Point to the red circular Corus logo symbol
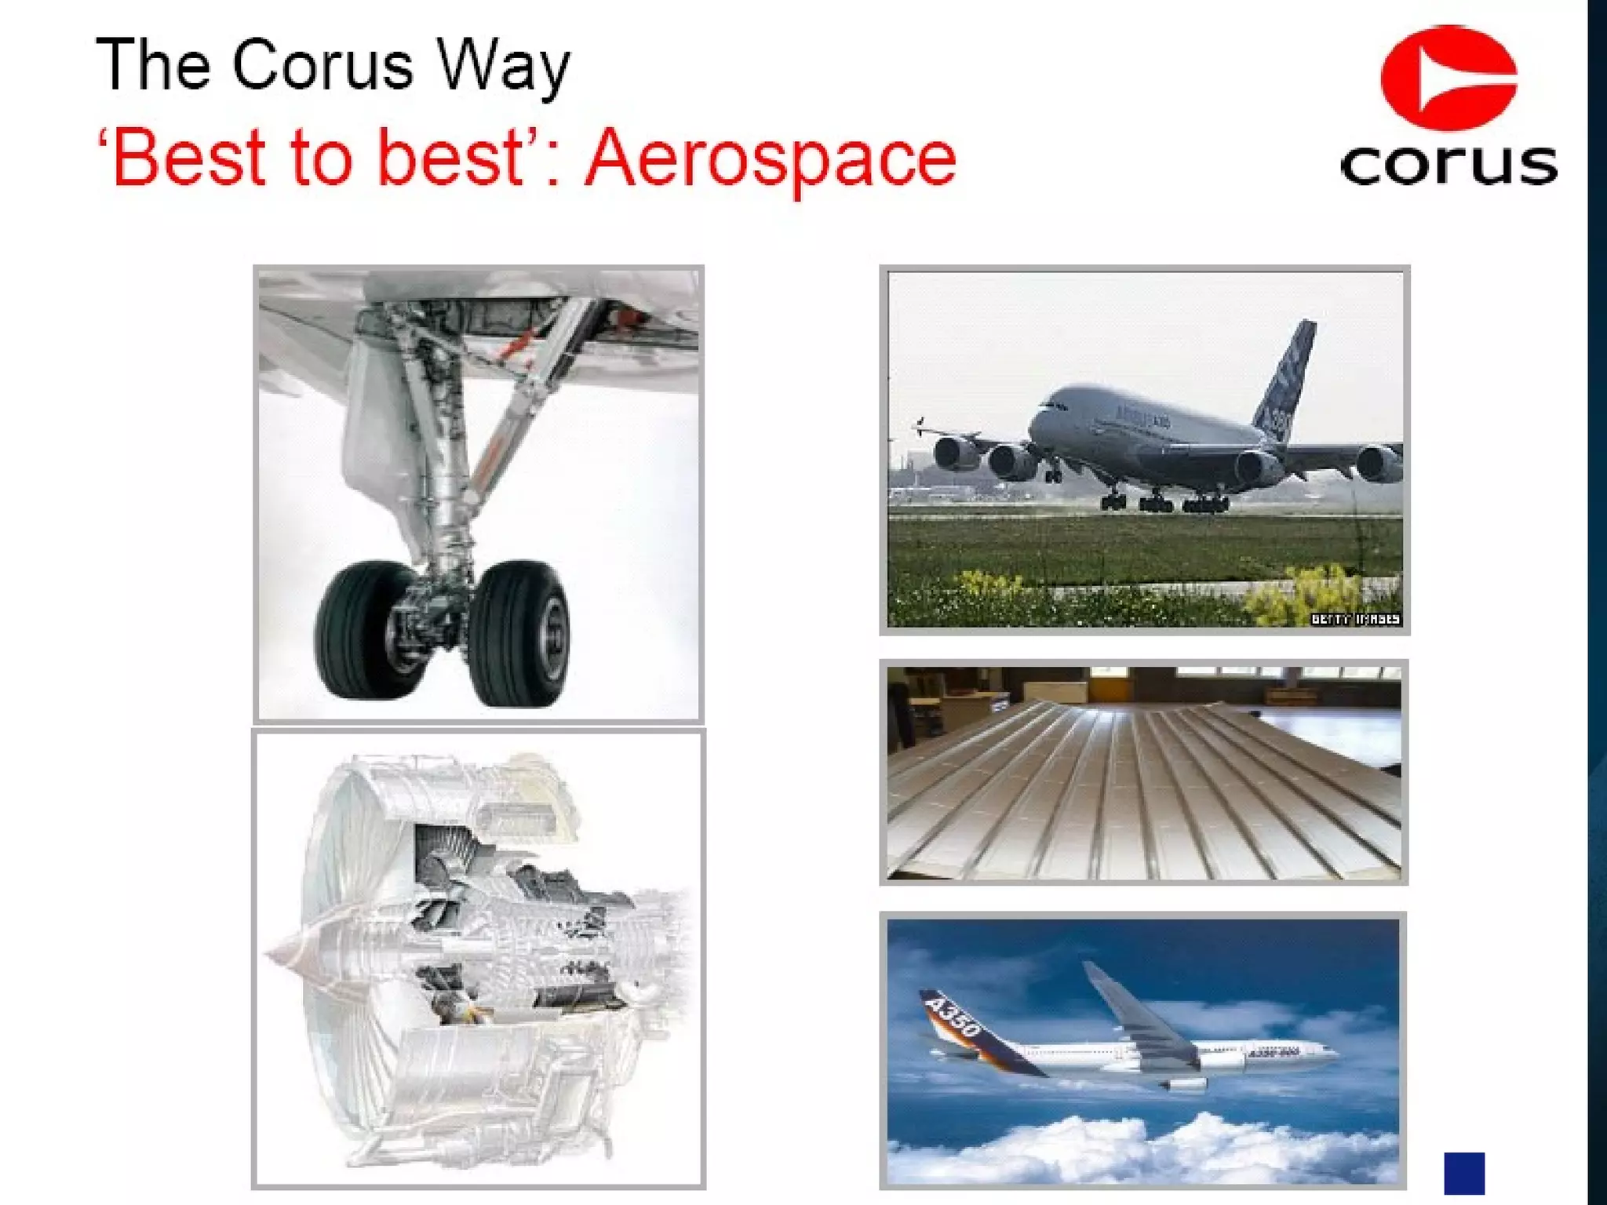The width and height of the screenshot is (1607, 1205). pos(1448,78)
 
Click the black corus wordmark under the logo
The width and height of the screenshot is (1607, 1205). pos(1448,164)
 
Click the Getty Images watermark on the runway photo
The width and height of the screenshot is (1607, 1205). pos(1355,619)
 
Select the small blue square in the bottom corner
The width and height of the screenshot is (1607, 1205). pos(1464,1172)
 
